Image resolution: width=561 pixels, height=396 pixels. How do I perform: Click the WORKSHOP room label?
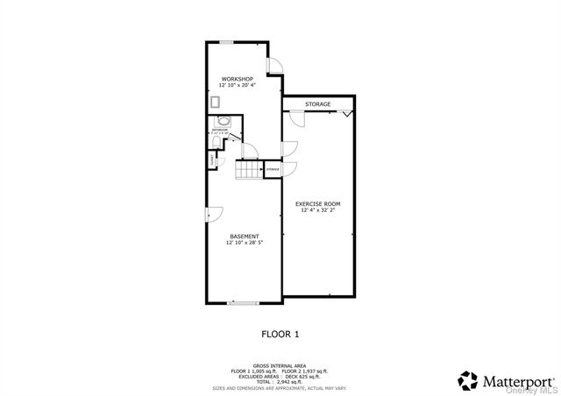[237, 79]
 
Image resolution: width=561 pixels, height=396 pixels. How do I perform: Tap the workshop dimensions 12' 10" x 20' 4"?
[237, 86]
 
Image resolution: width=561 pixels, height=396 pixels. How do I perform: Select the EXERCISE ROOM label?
[318, 203]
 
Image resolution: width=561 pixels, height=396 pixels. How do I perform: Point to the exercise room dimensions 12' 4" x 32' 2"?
[318, 210]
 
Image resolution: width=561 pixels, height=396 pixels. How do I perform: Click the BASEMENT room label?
[244, 236]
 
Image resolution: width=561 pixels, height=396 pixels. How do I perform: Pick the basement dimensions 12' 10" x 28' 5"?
[244, 243]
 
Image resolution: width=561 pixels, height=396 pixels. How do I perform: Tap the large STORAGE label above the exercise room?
[318, 104]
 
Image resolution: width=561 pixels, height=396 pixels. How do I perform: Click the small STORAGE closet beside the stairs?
[273, 168]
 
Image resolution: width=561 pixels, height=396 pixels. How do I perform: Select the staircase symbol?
[250, 171]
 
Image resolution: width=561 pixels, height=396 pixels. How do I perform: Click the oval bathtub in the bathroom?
[222, 121]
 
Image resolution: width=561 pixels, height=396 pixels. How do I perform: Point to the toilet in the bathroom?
[217, 161]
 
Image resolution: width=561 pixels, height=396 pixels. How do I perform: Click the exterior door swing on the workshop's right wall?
[275, 65]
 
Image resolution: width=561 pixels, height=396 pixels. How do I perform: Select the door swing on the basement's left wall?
[215, 213]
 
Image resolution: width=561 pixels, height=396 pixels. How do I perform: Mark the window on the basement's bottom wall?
[241, 303]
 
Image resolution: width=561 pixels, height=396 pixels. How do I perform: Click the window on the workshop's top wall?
[226, 41]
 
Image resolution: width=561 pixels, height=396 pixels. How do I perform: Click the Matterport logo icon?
[468, 381]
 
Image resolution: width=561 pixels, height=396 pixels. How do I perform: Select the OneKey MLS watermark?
[538, 392]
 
